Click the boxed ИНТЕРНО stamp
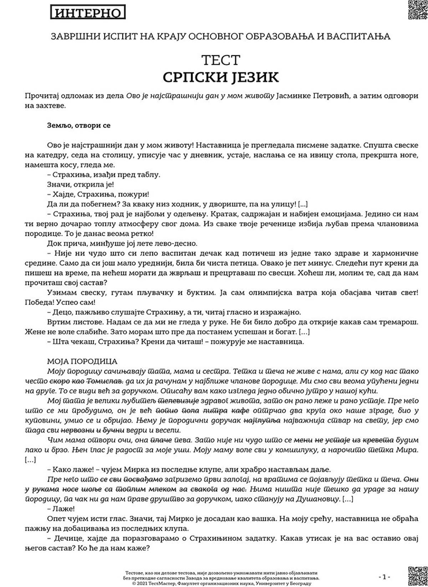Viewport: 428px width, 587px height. [88, 13]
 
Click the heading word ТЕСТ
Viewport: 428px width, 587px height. [221, 60]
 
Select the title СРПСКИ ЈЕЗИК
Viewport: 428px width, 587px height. [221, 77]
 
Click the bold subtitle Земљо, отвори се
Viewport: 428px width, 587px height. [79, 125]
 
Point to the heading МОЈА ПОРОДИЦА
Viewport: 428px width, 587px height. [82, 362]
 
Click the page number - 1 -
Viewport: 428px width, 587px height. [384, 576]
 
